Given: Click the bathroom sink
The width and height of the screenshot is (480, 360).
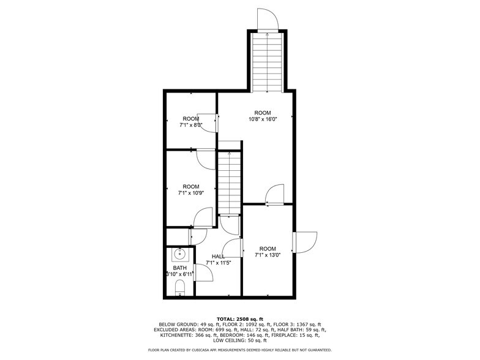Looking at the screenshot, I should click(x=180, y=254).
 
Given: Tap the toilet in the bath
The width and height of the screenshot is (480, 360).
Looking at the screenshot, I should click(x=180, y=287).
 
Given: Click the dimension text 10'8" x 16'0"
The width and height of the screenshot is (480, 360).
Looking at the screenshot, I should click(x=263, y=119).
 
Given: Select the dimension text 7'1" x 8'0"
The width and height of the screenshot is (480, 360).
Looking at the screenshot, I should click(x=191, y=126).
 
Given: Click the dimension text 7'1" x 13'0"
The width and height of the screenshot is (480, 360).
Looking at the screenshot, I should click(x=268, y=255).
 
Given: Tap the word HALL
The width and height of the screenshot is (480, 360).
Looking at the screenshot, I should click(x=219, y=257).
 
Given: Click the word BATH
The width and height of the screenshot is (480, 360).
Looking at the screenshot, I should click(x=180, y=268).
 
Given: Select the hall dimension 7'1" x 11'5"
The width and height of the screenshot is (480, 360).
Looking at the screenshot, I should click(x=219, y=263).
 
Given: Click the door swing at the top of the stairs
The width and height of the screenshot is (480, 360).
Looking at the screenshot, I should click(x=268, y=20).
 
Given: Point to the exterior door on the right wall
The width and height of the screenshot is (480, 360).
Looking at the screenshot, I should click(x=305, y=241).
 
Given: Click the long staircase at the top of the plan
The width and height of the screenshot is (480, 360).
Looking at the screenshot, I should click(x=266, y=61).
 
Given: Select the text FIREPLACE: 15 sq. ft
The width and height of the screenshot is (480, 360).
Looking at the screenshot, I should click(x=294, y=335).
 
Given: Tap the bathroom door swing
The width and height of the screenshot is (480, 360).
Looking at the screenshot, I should click(x=204, y=273).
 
